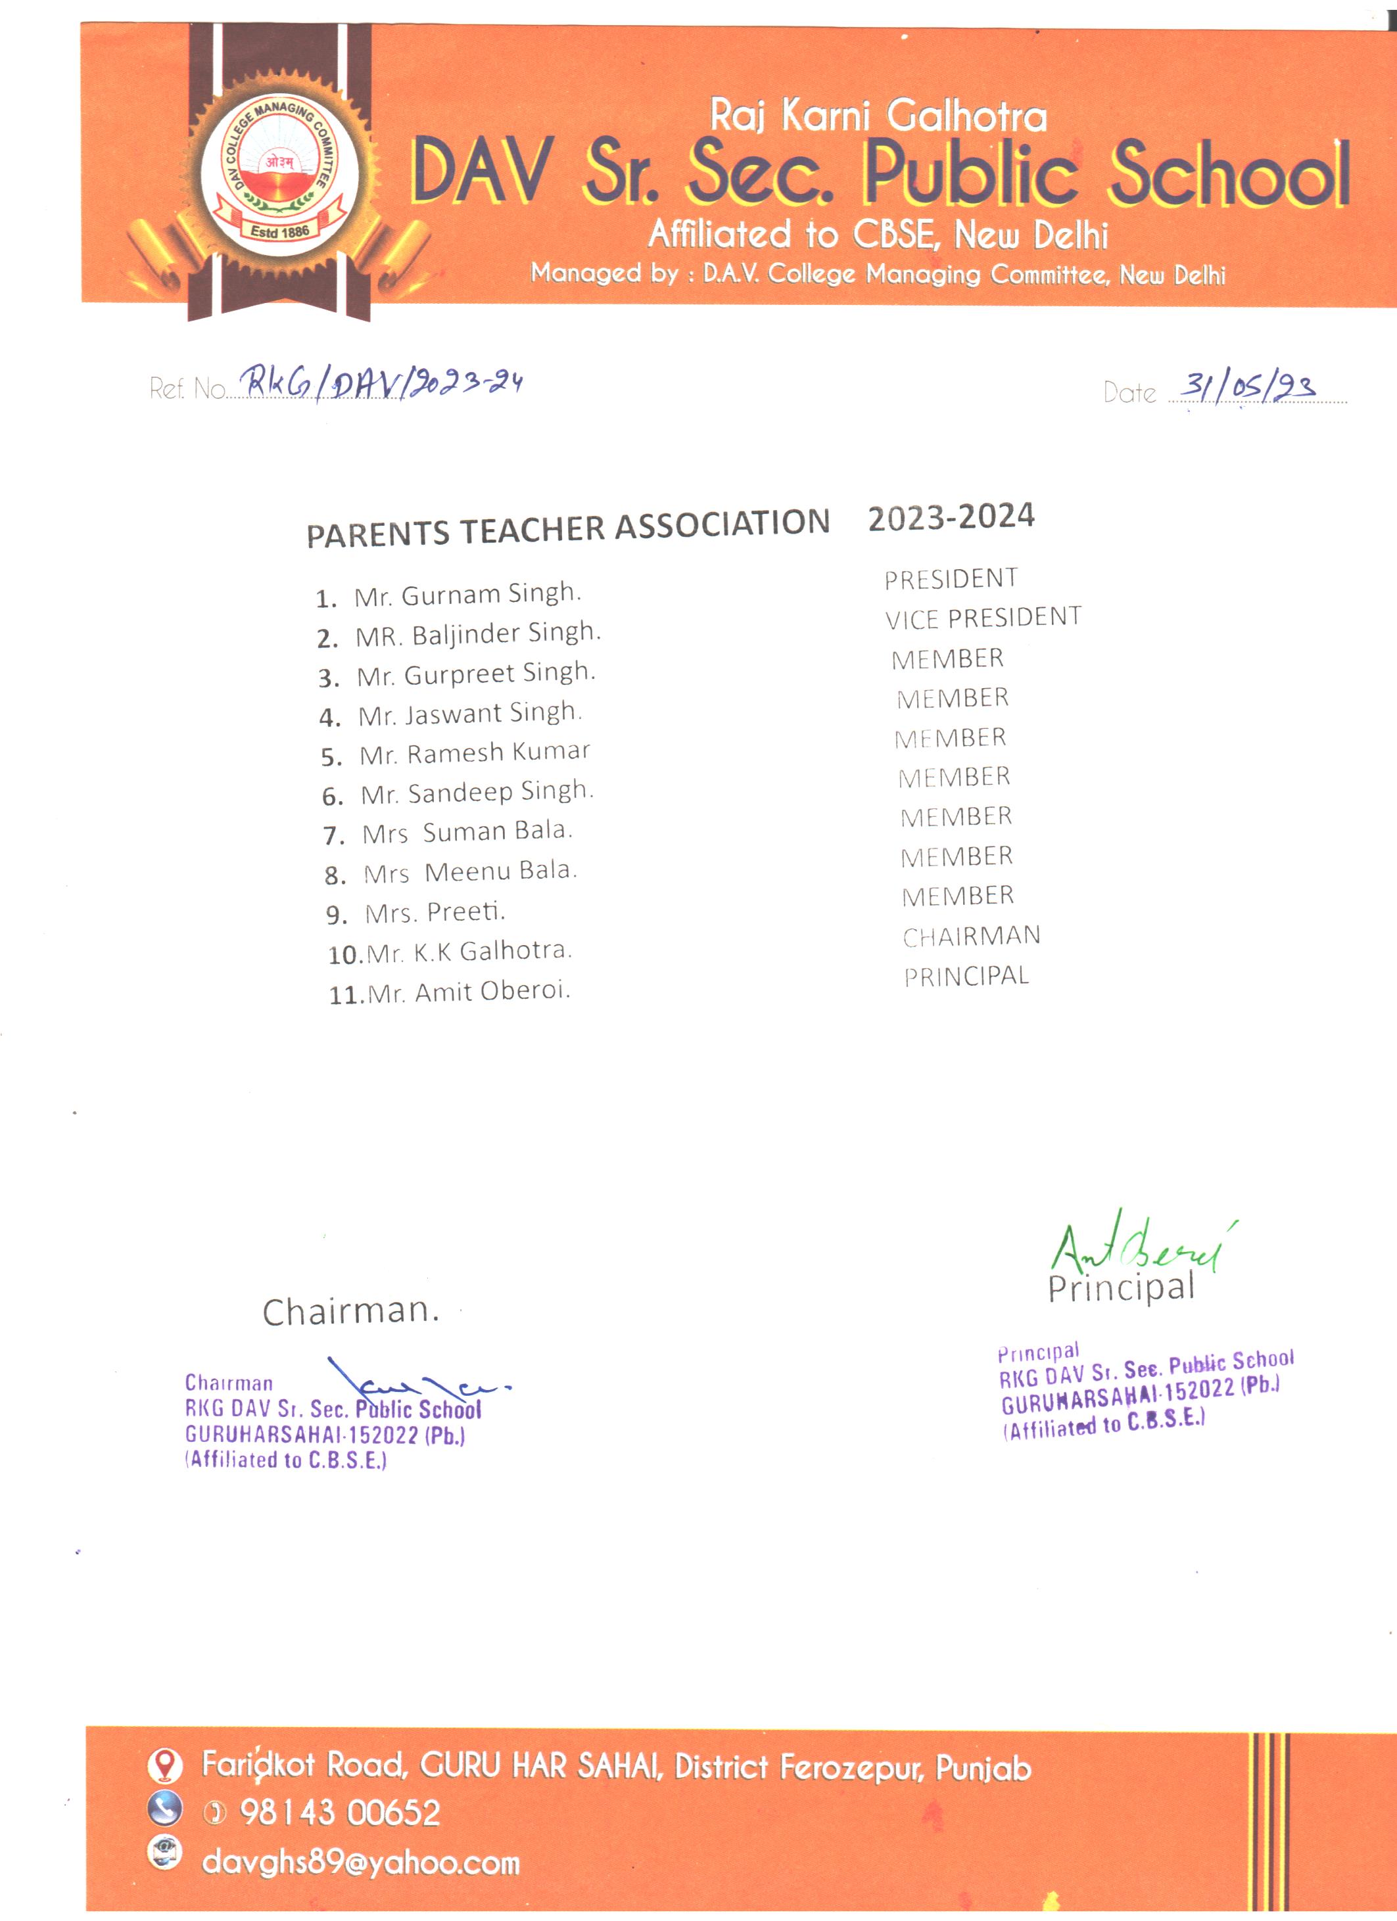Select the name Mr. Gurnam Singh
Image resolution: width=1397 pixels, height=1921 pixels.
point(467,595)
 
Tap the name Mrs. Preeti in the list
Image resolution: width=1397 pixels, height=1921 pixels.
point(435,912)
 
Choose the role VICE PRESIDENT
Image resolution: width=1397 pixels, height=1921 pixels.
point(983,618)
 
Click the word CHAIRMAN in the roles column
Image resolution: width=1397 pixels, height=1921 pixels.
point(971,936)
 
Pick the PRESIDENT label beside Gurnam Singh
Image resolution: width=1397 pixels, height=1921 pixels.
point(951,578)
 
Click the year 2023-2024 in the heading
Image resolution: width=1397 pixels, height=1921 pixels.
point(951,517)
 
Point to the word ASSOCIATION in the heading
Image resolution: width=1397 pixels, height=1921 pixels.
point(722,524)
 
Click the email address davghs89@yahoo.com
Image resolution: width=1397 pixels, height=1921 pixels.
point(360,1863)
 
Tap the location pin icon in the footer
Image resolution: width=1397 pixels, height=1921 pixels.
point(165,1765)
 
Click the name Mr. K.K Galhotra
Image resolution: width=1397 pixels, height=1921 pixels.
point(469,951)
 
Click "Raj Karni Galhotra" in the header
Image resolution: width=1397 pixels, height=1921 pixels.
point(878,116)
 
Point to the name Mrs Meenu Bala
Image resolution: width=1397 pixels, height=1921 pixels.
point(469,871)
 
